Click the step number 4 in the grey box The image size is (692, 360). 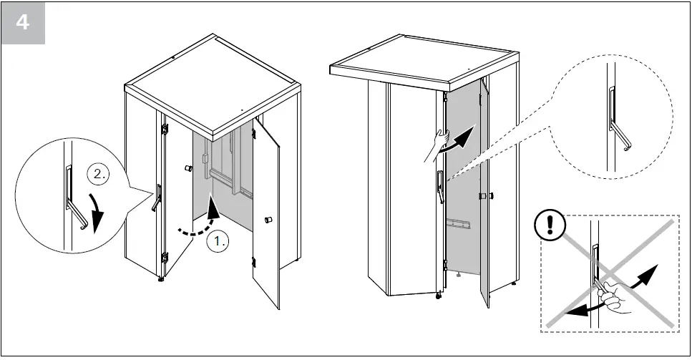24,22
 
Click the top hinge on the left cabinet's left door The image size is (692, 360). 165,130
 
